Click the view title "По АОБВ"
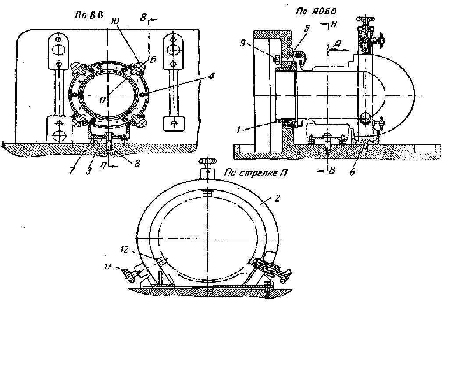click(316, 11)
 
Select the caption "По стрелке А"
click(256, 173)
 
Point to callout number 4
click(211, 76)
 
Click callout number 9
click(242, 43)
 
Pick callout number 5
click(307, 29)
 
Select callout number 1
click(238, 130)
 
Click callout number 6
click(353, 172)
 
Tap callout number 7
click(72, 171)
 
